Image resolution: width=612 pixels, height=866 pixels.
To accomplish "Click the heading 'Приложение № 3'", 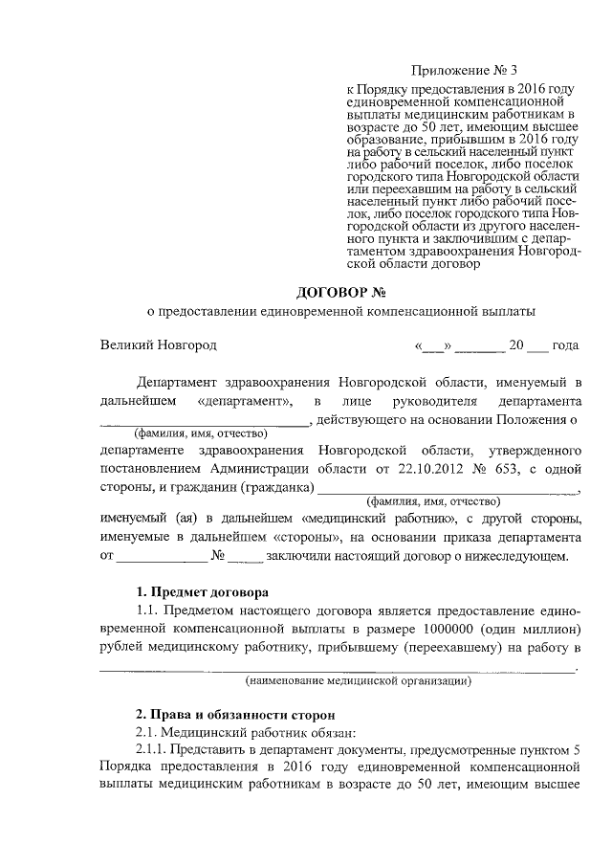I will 463,70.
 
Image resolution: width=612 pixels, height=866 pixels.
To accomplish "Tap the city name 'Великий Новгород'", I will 160,344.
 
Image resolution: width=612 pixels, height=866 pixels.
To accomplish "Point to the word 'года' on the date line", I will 566,344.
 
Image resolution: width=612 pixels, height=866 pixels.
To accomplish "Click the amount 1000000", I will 424,630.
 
